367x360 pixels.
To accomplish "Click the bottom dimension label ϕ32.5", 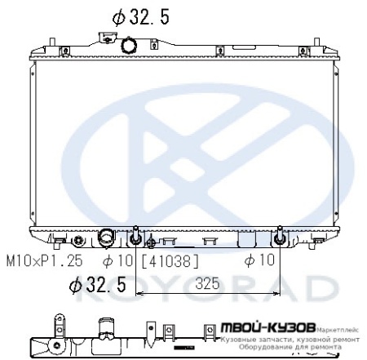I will click(x=97, y=284).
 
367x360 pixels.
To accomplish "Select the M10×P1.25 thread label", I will click(x=44, y=261).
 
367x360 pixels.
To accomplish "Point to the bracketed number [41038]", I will click(x=171, y=261).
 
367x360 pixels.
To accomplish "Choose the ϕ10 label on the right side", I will click(x=260, y=261).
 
